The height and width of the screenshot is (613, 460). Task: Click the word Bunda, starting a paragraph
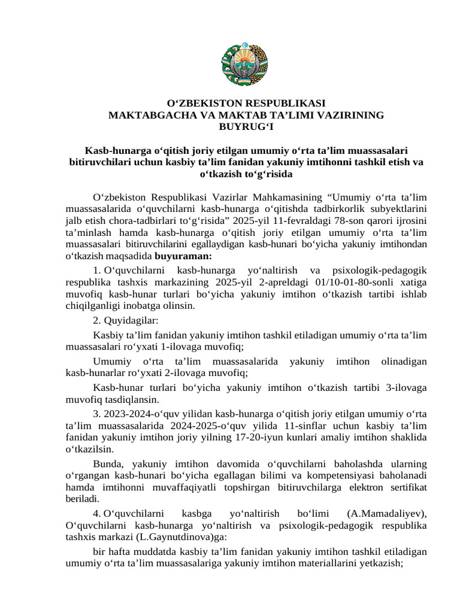[x=109, y=464]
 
